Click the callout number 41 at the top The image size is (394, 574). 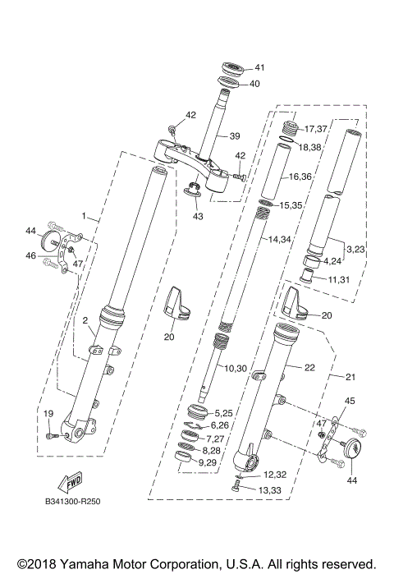point(259,67)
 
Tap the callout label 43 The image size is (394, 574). point(198,216)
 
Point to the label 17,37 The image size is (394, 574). point(316,130)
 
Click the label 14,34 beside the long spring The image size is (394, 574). point(280,239)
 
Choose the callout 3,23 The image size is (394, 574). point(356,248)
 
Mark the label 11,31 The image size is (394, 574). point(339,279)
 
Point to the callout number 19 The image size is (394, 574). point(48,413)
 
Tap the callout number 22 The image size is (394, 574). point(309,368)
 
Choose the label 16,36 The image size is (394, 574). point(300,177)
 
